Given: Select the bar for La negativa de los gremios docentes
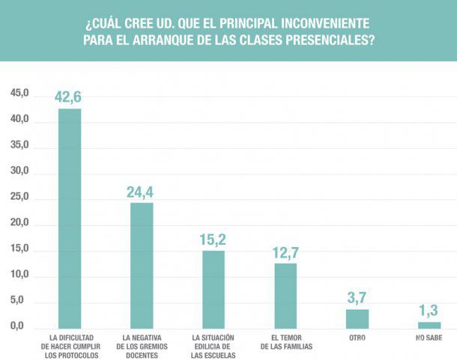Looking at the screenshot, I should tap(142, 266).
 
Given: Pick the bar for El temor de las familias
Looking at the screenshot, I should tap(285, 296).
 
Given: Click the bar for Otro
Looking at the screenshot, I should tap(357, 319).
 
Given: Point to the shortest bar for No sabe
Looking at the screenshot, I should tap(429, 325).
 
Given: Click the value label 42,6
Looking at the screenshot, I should tap(68, 97).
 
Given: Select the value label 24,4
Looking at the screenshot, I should tap(140, 192).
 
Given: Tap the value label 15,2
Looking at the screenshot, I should tap(212, 240).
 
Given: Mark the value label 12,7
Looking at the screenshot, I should tap(285, 252).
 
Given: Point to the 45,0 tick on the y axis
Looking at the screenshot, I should tap(19, 94).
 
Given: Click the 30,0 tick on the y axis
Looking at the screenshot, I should tap(19, 171).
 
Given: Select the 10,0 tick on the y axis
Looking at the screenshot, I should tap(19, 275).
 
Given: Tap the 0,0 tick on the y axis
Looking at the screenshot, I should tap(19, 327).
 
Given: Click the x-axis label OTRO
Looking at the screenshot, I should tap(357, 338).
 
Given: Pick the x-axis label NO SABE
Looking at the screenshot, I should tap(429, 338).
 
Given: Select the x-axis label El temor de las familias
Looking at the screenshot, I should tap(286, 342).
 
